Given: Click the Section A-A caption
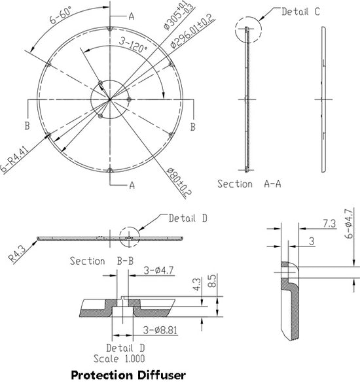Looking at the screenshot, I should (249, 184).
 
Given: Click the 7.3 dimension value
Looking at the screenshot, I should (331, 224).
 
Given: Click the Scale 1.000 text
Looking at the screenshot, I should (122, 358).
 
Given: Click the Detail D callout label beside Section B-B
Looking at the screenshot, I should (188, 218).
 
